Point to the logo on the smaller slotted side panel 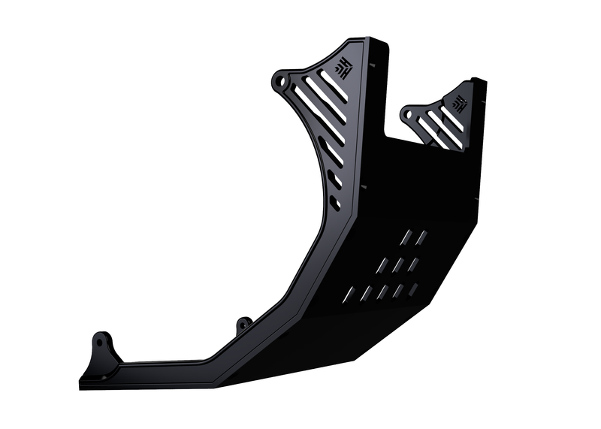click(x=460, y=102)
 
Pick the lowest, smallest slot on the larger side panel click(x=335, y=203)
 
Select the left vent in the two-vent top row click(x=406, y=237)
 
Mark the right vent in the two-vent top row click(x=422, y=237)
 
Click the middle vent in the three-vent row click(x=397, y=264)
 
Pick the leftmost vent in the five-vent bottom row click(x=348, y=293)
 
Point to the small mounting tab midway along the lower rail click(x=243, y=325)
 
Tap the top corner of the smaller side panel click(x=476, y=80)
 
